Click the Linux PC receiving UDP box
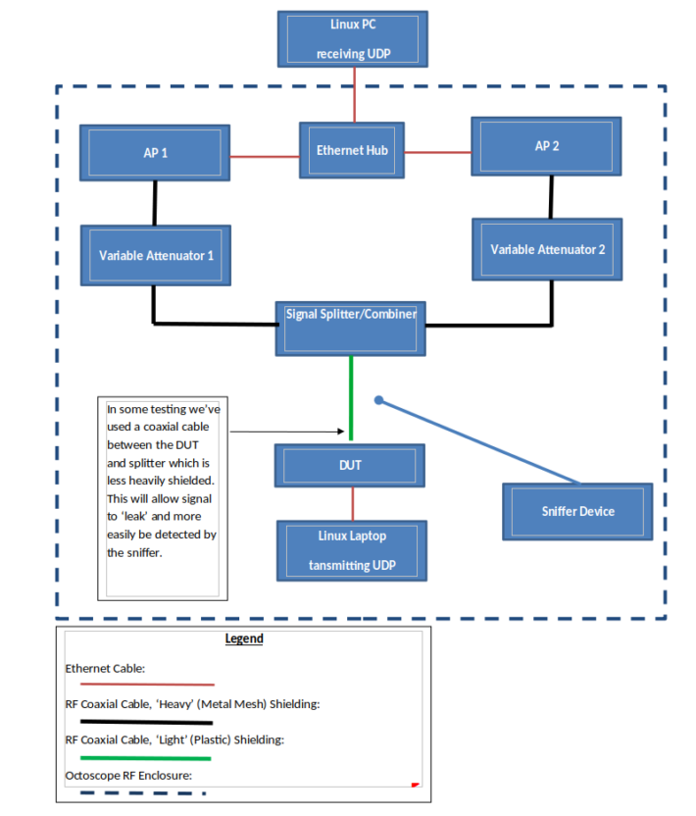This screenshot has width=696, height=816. click(352, 39)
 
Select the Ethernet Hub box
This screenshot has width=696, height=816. click(352, 150)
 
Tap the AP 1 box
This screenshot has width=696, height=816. click(156, 153)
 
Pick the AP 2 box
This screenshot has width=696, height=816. click(547, 146)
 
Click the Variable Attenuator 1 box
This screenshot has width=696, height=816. click(156, 255)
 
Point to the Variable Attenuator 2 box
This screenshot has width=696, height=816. click(547, 249)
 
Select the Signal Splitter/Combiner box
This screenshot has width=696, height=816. click(351, 328)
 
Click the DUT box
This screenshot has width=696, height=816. click(351, 465)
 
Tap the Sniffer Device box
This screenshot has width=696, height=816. click(577, 511)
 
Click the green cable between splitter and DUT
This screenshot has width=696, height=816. click(351, 397)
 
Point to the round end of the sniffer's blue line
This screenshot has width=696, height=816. click(379, 400)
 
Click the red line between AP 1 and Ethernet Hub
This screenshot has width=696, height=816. click(265, 156)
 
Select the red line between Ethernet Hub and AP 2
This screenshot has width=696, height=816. click(437, 152)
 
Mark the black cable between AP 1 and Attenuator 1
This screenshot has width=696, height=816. click(155, 203)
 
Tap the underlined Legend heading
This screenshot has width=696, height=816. click(244, 638)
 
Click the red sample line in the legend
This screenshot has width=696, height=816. click(147, 684)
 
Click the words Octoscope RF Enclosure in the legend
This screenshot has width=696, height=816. click(128, 776)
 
